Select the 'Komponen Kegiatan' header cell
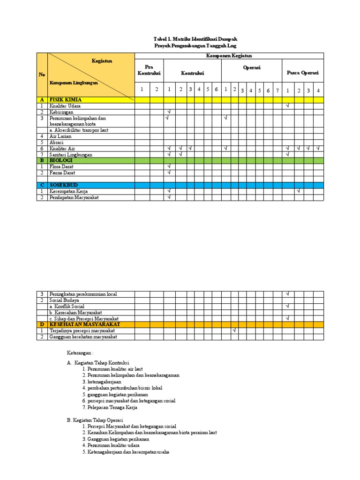point(229,56)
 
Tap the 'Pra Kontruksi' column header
point(149,70)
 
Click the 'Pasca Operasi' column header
point(302,73)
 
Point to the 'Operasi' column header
point(252,67)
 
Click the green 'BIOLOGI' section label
point(61,160)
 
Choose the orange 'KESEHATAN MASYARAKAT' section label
point(85,324)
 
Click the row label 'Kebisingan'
point(62,112)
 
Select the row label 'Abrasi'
point(57,142)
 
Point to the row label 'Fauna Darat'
point(64,173)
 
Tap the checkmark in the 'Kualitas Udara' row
point(287,106)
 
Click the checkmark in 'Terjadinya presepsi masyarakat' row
point(234,330)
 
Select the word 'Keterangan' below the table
point(81,353)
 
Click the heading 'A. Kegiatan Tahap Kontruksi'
point(98,363)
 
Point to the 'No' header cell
point(42,75)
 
